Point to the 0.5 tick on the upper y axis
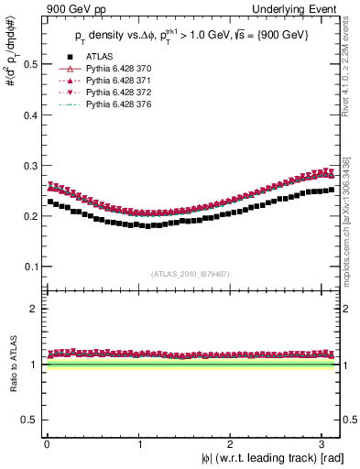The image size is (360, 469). [x=30, y=63]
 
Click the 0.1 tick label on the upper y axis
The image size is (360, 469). [x=30, y=267]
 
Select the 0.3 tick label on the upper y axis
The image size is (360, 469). [x=30, y=165]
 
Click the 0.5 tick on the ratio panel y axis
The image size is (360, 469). [x=30, y=420]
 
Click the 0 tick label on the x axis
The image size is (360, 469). [x=47, y=443]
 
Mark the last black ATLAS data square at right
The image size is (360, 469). [x=331, y=191]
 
